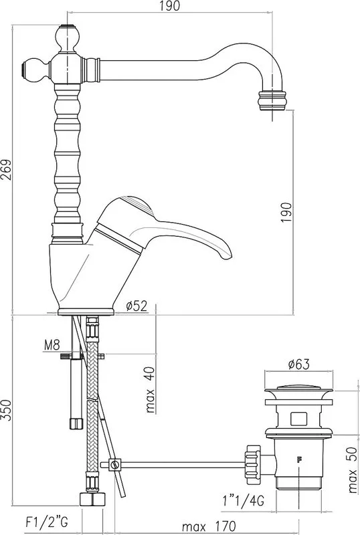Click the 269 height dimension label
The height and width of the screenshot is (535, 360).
[7, 171]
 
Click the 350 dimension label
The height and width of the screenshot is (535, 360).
[7, 410]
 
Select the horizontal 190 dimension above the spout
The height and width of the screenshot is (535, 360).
[170, 6]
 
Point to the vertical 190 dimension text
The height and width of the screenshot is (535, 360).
[286, 213]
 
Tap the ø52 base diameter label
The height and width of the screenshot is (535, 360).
[137, 306]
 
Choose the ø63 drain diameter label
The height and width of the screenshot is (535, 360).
[299, 364]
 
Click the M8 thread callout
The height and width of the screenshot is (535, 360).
[52, 345]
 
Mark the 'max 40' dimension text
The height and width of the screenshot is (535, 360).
[151, 389]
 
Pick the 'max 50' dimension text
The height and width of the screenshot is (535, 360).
[353, 471]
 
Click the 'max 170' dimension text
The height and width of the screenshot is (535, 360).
[209, 526]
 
